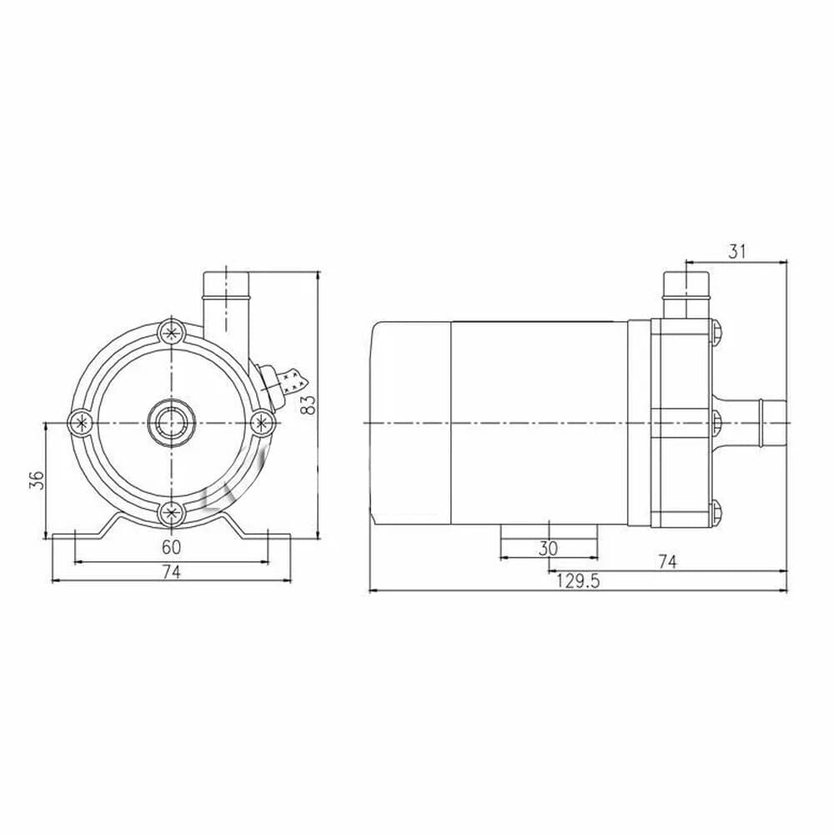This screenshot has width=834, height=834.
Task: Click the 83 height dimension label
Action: (x=309, y=405)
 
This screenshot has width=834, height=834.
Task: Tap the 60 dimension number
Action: (x=171, y=548)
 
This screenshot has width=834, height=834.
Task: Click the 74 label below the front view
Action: (x=171, y=571)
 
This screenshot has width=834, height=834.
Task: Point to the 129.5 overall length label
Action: (x=578, y=582)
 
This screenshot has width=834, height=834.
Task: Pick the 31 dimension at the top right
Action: (x=736, y=251)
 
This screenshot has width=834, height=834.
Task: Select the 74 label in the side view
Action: (x=666, y=562)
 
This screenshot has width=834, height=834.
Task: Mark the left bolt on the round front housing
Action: (x=81, y=423)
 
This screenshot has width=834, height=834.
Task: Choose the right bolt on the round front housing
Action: (x=261, y=423)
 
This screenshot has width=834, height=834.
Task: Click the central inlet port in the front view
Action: (x=172, y=423)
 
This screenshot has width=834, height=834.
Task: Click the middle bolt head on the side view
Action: (x=718, y=423)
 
